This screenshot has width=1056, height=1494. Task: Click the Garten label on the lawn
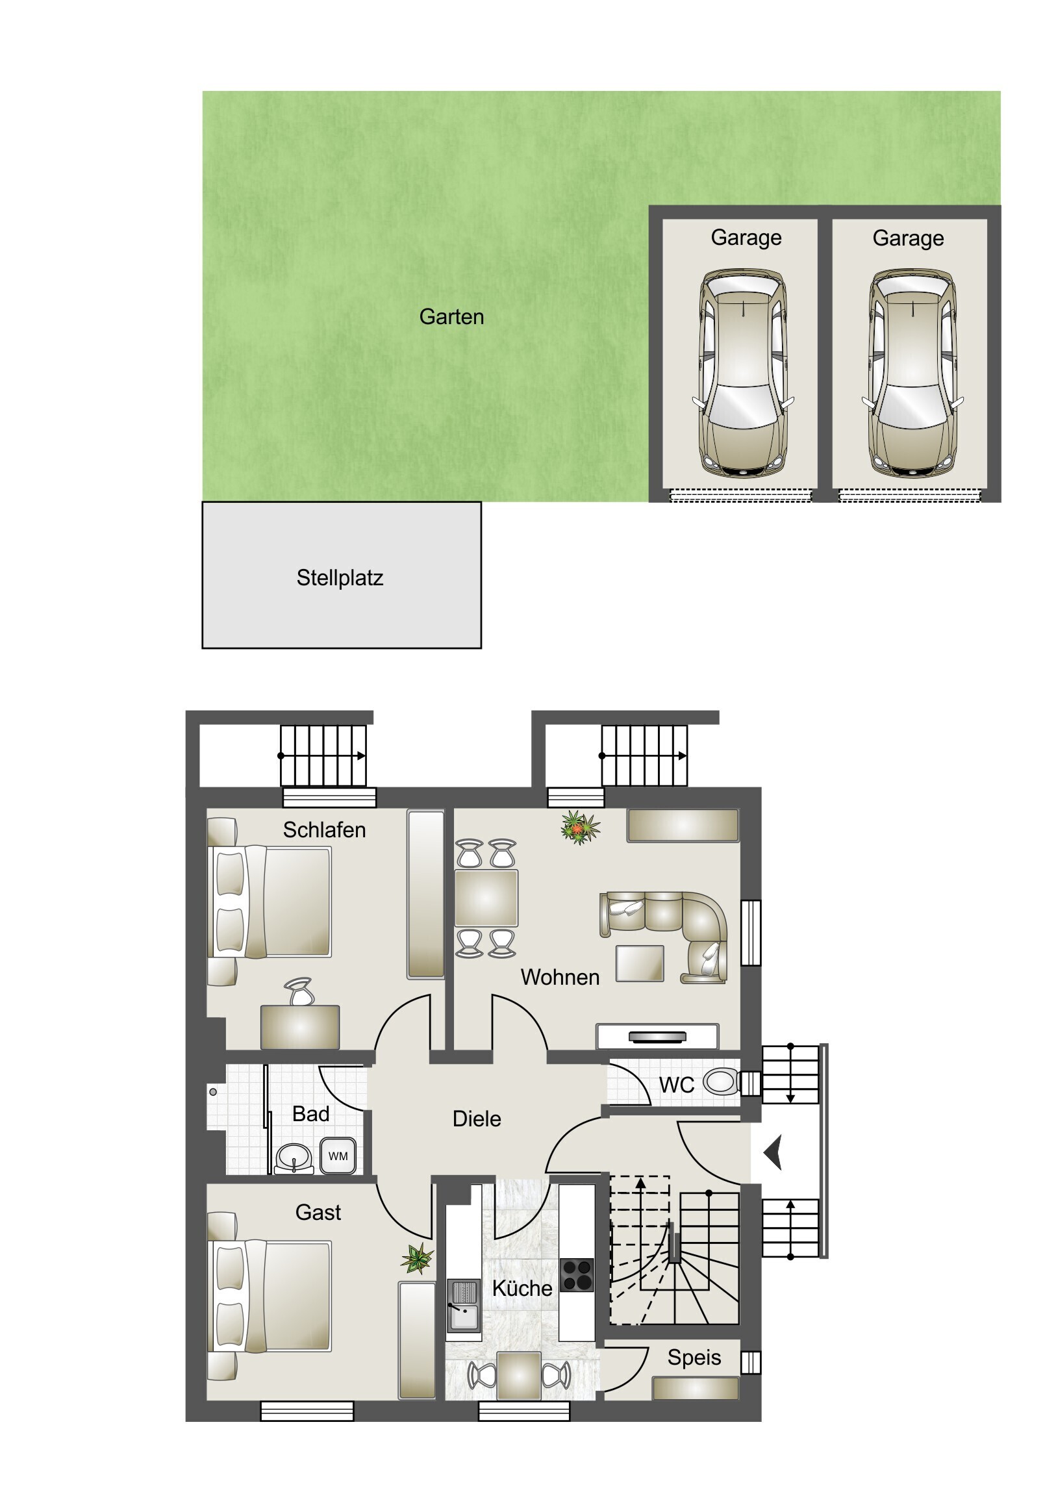tap(451, 317)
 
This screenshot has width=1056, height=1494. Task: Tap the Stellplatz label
tap(340, 578)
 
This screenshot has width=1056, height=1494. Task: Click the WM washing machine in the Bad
tap(338, 1156)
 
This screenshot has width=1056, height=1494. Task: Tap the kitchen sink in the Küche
tap(464, 1304)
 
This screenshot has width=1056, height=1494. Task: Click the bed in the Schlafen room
tap(269, 901)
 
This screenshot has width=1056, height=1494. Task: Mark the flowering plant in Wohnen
tap(580, 827)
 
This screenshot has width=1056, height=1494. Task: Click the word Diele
tap(477, 1119)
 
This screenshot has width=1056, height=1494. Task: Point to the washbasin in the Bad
tap(294, 1158)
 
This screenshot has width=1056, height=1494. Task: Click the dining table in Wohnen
tap(486, 898)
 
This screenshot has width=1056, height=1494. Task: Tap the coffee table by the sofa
tap(640, 964)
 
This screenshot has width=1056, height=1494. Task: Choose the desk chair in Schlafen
tap(299, 992)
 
